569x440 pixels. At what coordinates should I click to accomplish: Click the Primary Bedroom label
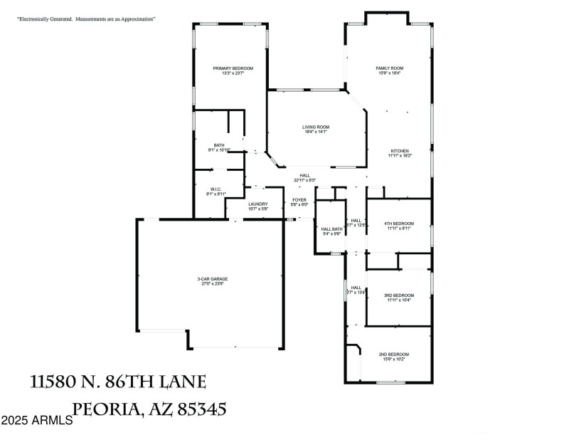pyautogui.click(x=233, y=68)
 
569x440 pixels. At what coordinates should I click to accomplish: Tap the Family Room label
pyautogui.click(x=390, y=68)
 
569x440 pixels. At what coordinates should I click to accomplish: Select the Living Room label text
pyautogui.click(x=316, y=127)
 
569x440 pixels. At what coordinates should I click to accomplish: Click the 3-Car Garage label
pyautogui.click(x=213, y=279)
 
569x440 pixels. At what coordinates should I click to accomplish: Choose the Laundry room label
pyautogui.click(x=258, y=204)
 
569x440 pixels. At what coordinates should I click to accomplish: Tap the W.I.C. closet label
pyautogui.click(x=216, y=189)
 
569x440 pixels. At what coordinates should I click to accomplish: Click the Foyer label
pyautogui.click(x=299, y=200)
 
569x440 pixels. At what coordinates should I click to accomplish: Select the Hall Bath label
pyautogui.click(x=332, y=229)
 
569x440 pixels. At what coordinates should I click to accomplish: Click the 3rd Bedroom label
pyautogui.click(x=399, y=295)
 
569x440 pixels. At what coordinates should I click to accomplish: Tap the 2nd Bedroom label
pyautogui.click(x=393, y=355)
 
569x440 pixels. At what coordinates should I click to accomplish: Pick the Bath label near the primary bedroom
pyautogui.click(x=219, y=145)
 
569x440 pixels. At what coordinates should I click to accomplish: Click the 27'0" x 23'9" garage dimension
pyautogui.click(x=213, y=284)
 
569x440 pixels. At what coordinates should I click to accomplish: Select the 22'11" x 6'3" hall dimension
pyautogui.click(x=304, y=180)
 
